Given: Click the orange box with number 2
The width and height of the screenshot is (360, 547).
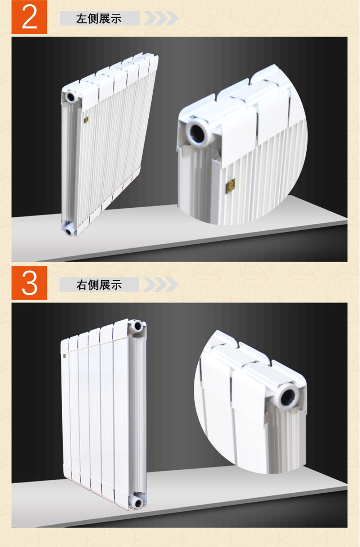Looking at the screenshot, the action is [x=29, y=17].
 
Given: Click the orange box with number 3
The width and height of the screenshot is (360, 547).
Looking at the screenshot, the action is [x=29, y=283].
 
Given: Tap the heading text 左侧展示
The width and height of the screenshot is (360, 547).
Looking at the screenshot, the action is [x=99, y=19].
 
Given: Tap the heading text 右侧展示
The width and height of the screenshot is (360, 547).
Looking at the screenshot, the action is [x=99, y=285].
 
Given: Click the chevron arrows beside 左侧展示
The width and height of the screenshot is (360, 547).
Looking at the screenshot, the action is [x=161, y=18].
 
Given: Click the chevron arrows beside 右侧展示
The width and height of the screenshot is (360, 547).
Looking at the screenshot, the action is [x=160, y=284].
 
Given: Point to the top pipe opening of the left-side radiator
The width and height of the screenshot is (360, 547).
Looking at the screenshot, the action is [x=71, y=97].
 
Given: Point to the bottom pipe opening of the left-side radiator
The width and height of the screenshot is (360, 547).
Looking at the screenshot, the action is [x=69, y=231].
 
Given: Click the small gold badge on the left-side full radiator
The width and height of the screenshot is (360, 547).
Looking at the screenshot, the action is [x=86, y=120].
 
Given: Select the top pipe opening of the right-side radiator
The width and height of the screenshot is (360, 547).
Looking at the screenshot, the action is [x=137, y=326].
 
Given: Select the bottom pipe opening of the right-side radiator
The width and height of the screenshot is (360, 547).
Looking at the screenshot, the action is [x=137, y=503].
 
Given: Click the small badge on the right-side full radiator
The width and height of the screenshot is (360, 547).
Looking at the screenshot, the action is [x=64, y=356].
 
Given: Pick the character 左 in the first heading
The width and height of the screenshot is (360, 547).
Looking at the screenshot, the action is [x=81, y=19].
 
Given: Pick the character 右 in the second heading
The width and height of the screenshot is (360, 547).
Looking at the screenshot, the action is [x=81, y=285].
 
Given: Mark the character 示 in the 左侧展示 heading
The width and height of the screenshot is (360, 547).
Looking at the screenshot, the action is [x=116, y=19].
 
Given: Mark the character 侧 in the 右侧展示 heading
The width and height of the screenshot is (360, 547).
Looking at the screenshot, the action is [x=93, y=285].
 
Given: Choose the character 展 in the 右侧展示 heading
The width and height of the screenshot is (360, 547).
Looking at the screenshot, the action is [x=104, y=285].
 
